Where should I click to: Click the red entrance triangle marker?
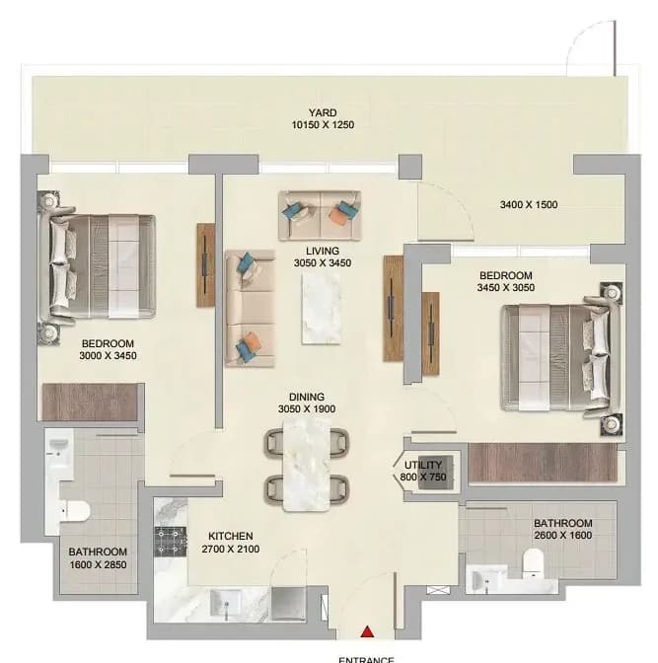(368, 631)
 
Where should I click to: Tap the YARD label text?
(323, 112)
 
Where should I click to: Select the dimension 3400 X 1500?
(529, 204)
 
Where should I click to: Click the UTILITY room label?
(423, 465)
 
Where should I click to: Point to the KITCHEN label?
(231, 536)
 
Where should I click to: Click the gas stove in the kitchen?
(171, 542)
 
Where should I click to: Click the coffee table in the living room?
(321, 308)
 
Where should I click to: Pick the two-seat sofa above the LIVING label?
(320, 216)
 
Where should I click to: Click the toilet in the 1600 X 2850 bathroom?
(74, 511)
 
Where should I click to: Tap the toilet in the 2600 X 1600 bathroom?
(533, 563)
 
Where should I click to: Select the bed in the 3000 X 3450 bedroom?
(98, 266)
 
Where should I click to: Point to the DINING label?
(307, 397)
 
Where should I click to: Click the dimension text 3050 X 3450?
(323, 263)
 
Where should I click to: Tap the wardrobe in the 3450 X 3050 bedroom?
(543, 462)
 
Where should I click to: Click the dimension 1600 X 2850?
(98, 564)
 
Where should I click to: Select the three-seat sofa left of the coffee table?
(250, 308)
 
